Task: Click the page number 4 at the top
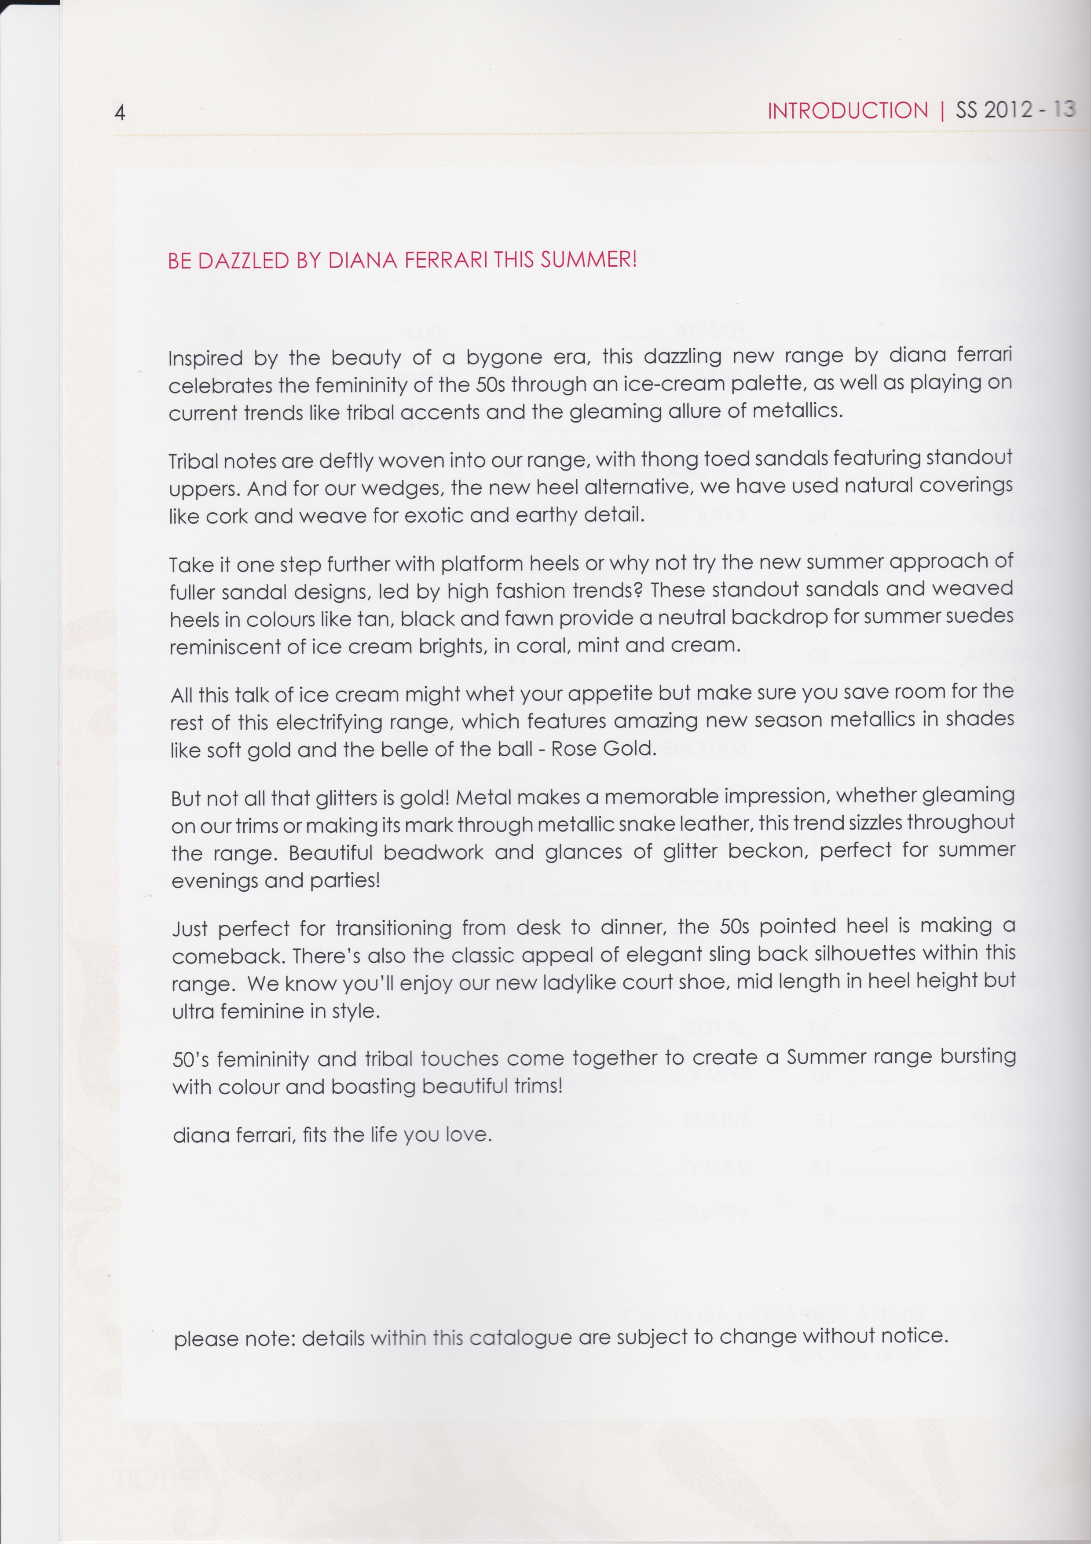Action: [120, 112]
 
